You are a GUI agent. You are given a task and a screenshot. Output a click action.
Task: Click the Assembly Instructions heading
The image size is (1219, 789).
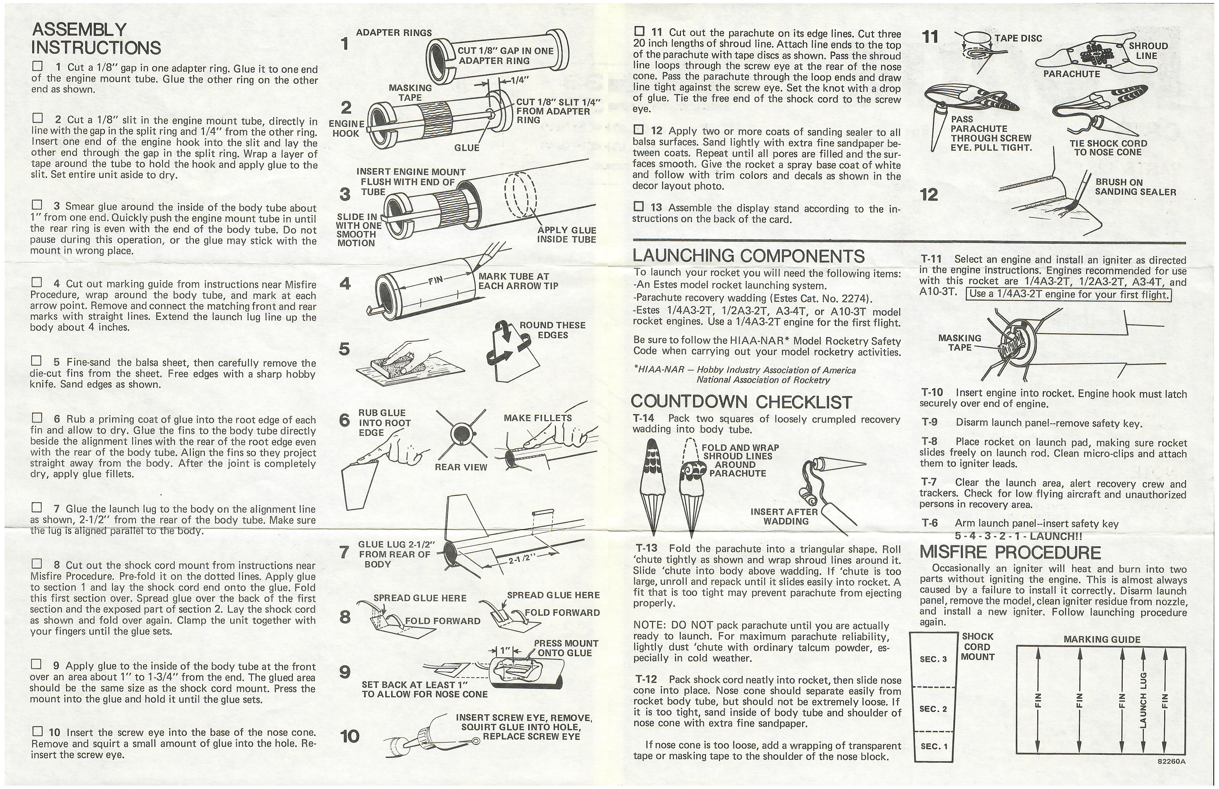click(96, 38)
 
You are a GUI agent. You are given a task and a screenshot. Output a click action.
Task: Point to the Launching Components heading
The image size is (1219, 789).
click(748, 256)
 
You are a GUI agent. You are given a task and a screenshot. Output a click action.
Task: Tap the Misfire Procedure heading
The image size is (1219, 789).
click(1010, 552)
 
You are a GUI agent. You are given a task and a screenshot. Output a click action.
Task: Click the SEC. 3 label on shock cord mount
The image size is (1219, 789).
click(933, 659)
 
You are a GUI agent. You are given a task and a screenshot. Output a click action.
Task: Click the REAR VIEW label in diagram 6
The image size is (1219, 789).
click(460, 467)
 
